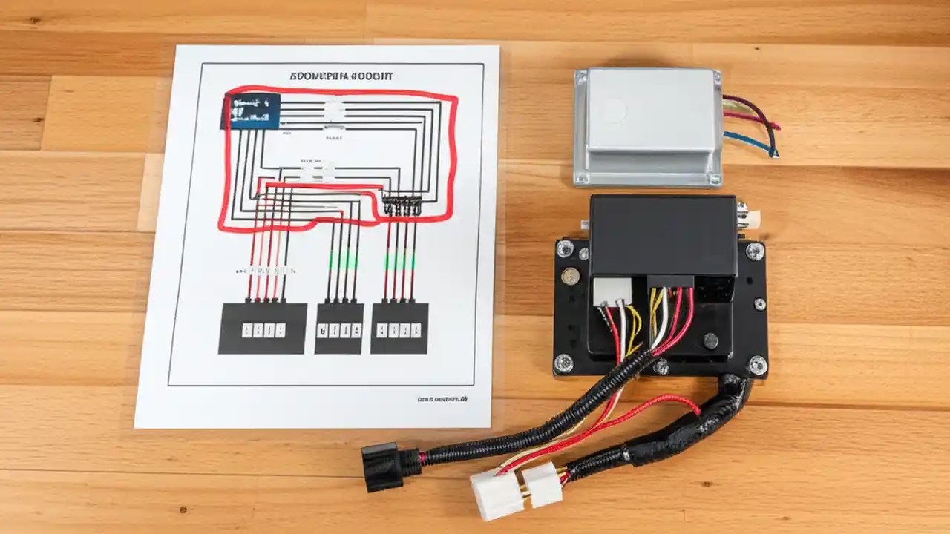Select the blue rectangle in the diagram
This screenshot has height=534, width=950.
pyautogui.click(x=251, y=111)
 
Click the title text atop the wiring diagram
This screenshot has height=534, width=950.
pyautogui.click(x=341, y=76)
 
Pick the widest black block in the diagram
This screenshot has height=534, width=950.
pyautogui.click(x=262, y=328)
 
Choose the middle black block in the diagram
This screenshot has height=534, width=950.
pyautogui.click(x=339, y=328)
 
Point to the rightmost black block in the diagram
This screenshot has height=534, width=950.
pyautogui.click(x=399, y=328)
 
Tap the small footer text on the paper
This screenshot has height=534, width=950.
pyautogui.click(x=442, y=399)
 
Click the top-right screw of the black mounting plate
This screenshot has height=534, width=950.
pyautogui.click(x=755, y=251)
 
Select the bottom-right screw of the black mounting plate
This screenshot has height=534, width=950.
pyautogui.click(x=757, y=363)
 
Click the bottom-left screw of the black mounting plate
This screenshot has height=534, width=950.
pyautogui.click(x=563, y=363)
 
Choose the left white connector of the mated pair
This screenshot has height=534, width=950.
pyautogui.click(x=497, y=495)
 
